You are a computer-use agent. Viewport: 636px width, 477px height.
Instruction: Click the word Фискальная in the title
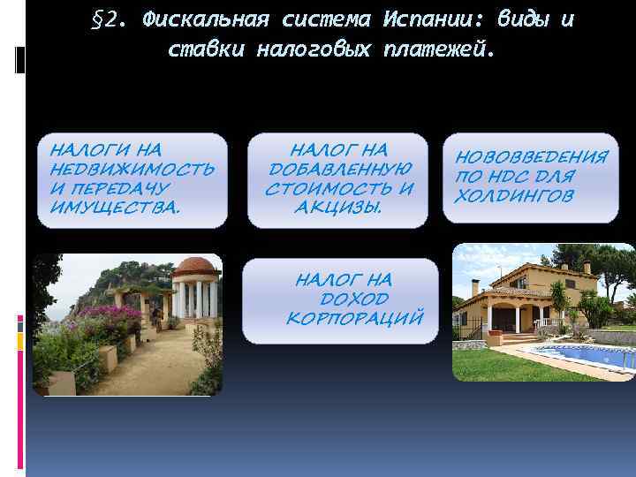pyautogui.click(x=200, y=20)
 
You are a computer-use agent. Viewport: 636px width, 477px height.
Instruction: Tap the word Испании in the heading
pyautogui.click(x=422, y=20)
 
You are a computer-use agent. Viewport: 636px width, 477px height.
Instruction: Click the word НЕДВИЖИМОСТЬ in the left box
pyautogui.click(x=132, y=170)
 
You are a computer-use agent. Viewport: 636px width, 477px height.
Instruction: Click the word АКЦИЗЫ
pyautogui.click(x=340, y=207)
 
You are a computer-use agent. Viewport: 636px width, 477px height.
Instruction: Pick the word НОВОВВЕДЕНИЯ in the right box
pyautogui.click(x=532, y=158)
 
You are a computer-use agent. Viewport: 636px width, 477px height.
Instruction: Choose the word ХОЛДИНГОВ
pyautogui.click(x=513, y=194)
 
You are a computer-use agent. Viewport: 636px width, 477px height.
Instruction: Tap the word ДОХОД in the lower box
pyautogui.click(x=343, y=298)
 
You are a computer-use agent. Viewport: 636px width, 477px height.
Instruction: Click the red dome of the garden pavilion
pyautogui.click(x=195, y=266)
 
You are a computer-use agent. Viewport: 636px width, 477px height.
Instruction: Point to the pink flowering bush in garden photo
pyautogui.click(x=110, y=319)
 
